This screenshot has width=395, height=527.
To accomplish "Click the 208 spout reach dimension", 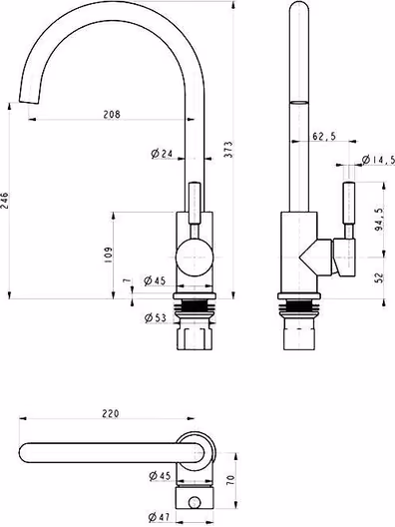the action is (x=112, y=114).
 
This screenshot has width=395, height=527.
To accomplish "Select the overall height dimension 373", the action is (x=228, y=150).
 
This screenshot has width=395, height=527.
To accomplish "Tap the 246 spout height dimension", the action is (x=4, y=201).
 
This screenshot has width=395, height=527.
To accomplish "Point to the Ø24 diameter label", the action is (x=162, y=154).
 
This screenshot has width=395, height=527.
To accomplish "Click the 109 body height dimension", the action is (x=108, y=255).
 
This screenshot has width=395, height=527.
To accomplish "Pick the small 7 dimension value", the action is (x=127, y=280).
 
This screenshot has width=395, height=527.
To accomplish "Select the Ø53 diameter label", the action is (x=156, y=317).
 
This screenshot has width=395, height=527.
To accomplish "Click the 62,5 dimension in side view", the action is (x=324, y=136).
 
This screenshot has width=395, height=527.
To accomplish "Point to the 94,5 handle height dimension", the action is (x=379, y=220).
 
